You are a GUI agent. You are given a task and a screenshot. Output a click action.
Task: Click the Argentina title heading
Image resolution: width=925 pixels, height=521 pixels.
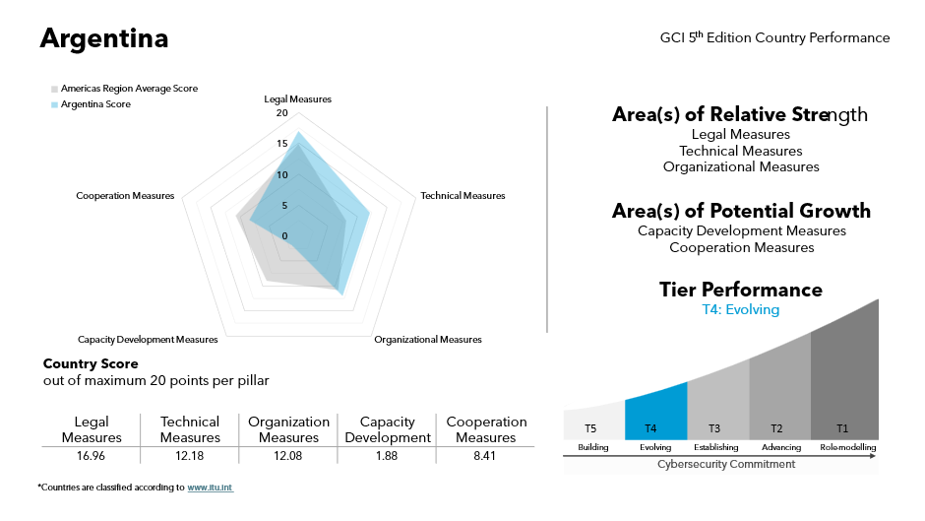[x=103, y=38]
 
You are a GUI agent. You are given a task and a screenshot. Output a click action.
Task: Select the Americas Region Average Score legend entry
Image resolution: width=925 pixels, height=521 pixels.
[x=129, y=89]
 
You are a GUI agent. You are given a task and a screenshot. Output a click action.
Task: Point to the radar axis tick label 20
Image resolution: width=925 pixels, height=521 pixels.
[x=281, y=113]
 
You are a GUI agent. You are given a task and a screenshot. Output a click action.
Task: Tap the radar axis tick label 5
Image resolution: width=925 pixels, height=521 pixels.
[x=284, y=206]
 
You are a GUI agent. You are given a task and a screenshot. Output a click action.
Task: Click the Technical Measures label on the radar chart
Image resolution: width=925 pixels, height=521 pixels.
[x=462, y=196]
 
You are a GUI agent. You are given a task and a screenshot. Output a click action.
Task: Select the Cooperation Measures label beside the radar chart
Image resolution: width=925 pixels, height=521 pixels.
[x=125, y=196]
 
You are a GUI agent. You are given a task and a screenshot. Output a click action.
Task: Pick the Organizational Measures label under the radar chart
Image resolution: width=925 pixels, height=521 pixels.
[x=428, y=340]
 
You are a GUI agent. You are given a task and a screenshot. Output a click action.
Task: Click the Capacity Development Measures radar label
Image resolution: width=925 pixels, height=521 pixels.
[x=148, y=340]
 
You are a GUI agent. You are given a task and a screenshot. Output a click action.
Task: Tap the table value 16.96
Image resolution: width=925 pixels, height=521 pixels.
[x=92, y=456]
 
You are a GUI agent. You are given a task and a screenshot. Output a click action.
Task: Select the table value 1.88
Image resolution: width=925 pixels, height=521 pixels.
[x=387, y=456]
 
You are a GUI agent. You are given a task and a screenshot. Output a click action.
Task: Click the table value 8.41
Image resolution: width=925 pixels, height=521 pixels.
[x=486, y=456]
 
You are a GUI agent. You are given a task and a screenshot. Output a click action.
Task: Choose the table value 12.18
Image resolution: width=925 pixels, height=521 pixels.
[x=190, y=456]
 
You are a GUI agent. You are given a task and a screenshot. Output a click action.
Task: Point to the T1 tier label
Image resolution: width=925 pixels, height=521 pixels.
[x=842, y=428]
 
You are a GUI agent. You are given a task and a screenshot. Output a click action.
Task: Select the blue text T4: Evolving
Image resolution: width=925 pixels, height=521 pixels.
[x=740, y=310]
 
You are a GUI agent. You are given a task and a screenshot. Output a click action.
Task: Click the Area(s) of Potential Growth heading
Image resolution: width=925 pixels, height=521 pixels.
[x=741, y=211]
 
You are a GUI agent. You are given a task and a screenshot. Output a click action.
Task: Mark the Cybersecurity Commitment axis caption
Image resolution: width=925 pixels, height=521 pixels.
[x=726, y=464]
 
